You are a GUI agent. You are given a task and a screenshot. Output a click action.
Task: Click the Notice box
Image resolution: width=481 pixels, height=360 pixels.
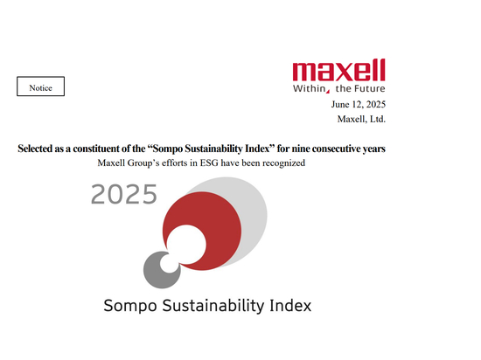(40, 87)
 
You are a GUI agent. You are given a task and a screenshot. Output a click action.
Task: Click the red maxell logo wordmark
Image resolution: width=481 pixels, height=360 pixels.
(338, 70)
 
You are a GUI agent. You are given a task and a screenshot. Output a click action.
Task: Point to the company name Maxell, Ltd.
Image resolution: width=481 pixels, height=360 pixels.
(361, 119)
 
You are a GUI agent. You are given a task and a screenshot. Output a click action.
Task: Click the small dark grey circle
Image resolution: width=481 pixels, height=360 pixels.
(158, 269)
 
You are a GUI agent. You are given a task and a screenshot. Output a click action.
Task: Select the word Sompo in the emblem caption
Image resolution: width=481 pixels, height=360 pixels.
(129, 307)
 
